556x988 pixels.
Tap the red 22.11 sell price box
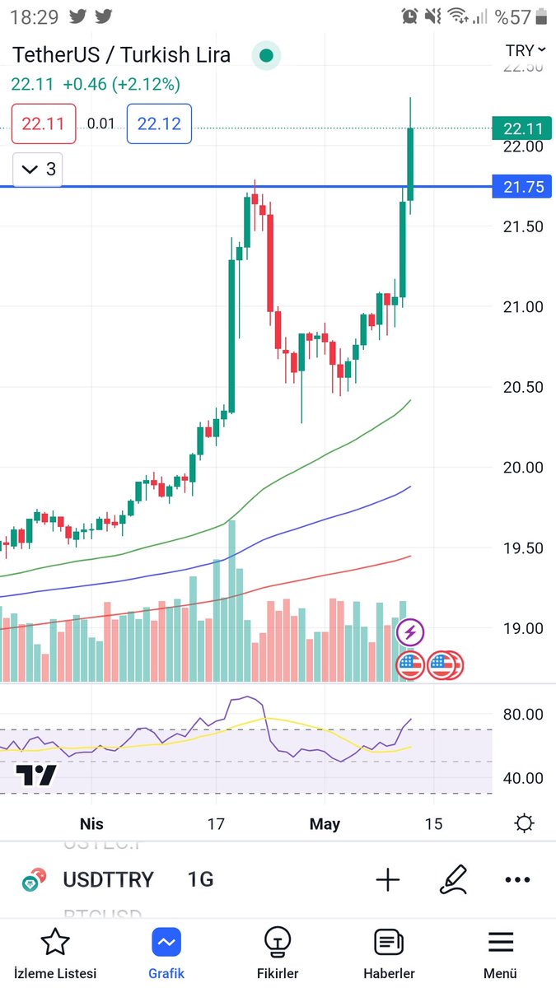44,123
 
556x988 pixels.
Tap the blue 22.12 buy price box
159,123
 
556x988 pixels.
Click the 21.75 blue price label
523,187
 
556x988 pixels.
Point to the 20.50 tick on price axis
523,387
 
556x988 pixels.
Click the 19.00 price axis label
523,628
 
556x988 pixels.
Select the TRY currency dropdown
525,51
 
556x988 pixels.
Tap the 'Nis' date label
91,823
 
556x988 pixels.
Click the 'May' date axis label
325,823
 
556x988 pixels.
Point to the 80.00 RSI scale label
523,715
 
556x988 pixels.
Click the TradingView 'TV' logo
37,775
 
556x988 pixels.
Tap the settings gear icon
523,823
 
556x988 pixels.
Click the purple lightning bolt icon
410,633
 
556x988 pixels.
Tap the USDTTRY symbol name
108,879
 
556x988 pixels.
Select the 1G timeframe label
200,879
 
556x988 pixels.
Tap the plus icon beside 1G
387,879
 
